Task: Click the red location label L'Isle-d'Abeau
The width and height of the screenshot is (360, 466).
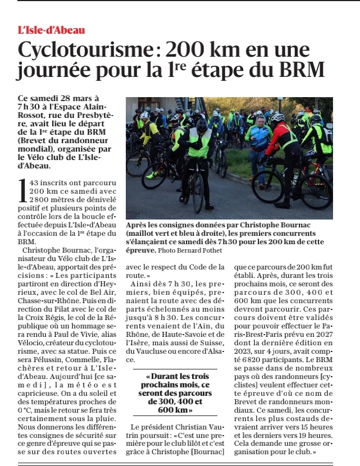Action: [x=51, y=30]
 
